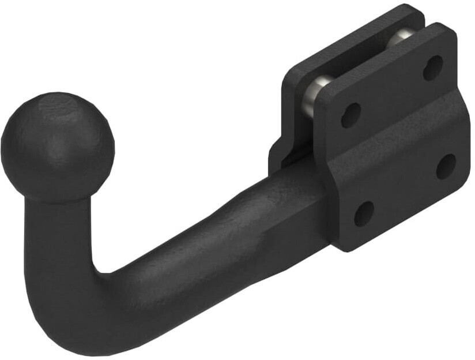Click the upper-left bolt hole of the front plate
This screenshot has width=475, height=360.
tap(350, 115)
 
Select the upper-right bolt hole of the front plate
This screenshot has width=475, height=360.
tap(433, 67)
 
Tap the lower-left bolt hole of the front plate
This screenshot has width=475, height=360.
tap(364, 213)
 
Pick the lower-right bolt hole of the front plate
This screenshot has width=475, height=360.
tap(446, 166)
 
